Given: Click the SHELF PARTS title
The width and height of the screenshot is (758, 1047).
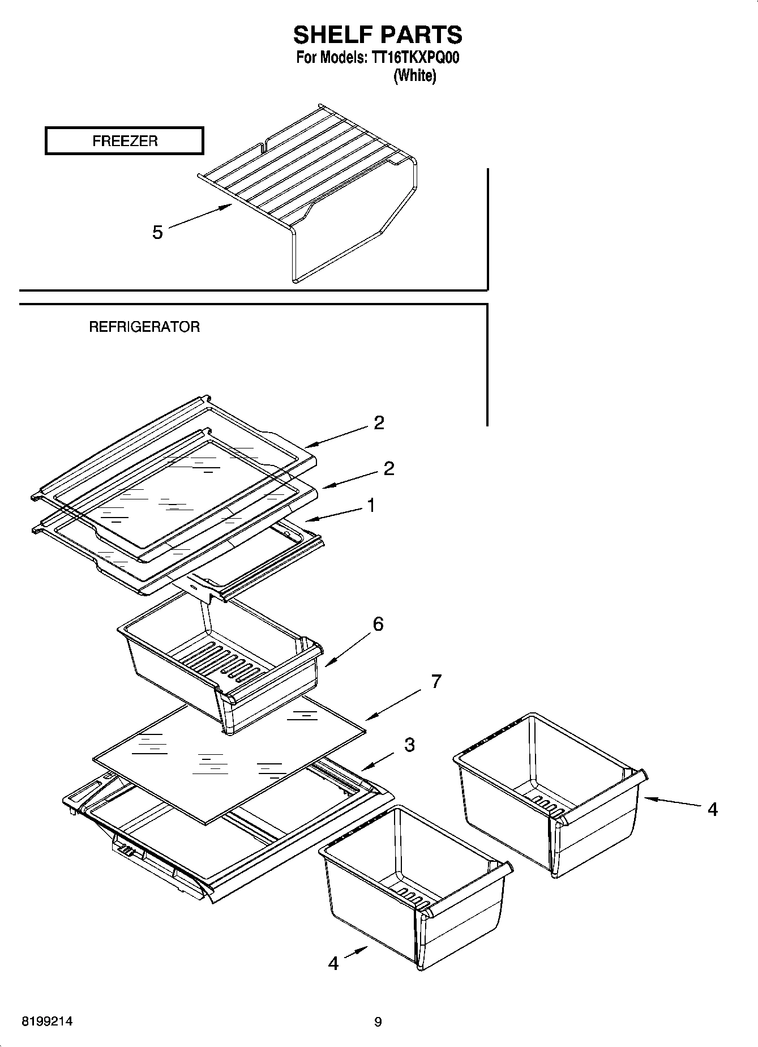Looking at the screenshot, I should [x=378, y=35].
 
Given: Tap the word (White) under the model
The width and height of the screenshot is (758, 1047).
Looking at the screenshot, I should [x=414, y=75].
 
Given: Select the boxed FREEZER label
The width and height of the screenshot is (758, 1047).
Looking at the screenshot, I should [x=124, y=141].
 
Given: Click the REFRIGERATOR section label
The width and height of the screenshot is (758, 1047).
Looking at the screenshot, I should [x=144, y=327].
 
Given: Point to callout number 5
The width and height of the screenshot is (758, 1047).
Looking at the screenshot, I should [x=157, y=232].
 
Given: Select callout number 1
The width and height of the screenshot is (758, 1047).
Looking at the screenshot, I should [x=371, y=505].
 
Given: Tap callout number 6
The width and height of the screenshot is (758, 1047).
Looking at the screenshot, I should [x=378, y=624].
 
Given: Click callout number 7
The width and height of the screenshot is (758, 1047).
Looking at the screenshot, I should [x=435, y=681].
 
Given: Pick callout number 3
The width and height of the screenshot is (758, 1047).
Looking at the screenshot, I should [x=409, y=745].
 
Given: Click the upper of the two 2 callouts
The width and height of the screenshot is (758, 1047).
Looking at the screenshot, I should [x=379, y=422].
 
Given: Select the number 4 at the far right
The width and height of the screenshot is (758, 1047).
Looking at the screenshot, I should [x=712, y=810].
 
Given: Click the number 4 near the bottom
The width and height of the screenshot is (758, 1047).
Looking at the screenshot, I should [x=333, y=963].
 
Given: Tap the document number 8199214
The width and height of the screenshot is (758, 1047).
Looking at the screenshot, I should [x=47, y=1022].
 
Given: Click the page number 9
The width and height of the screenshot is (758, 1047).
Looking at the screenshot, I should [x=378, y=1022].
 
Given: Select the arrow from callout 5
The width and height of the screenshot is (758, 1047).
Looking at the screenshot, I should [x=201, y=216].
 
